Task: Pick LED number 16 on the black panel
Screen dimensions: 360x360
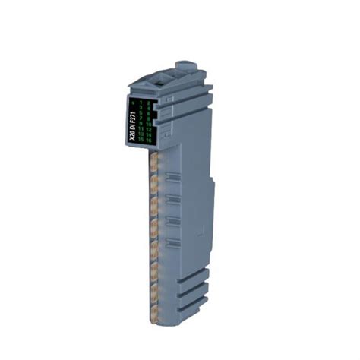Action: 150,141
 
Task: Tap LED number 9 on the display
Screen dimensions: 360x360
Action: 141,124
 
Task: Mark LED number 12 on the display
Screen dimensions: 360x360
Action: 150,129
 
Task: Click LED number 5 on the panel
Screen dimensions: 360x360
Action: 141,112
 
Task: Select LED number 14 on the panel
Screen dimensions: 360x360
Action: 150,135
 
